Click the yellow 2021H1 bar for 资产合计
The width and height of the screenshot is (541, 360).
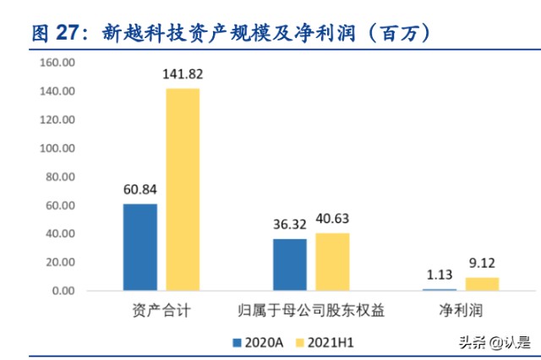click(x=183, y=189)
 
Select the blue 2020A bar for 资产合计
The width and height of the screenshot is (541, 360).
click(x=139, y=247)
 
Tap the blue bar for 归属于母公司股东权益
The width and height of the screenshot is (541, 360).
click(x=290, y=265)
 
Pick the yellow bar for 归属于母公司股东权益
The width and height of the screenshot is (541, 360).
click(x=332, y=262)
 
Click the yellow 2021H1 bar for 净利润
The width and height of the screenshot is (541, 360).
click(x=482, y=284)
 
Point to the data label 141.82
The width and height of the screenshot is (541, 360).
click(x=183, y=74)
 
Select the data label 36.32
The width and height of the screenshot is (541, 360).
click(x=290, y=225)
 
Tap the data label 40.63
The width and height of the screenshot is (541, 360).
click(x=332, y=219)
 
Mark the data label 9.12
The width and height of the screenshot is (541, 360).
click(x=482, y=263)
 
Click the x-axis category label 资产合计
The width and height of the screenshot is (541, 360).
click(x=161, y=311)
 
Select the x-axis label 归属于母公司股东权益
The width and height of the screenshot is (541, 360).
click(x=311, y=311)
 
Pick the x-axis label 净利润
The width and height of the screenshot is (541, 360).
click(x=461, y=311)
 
